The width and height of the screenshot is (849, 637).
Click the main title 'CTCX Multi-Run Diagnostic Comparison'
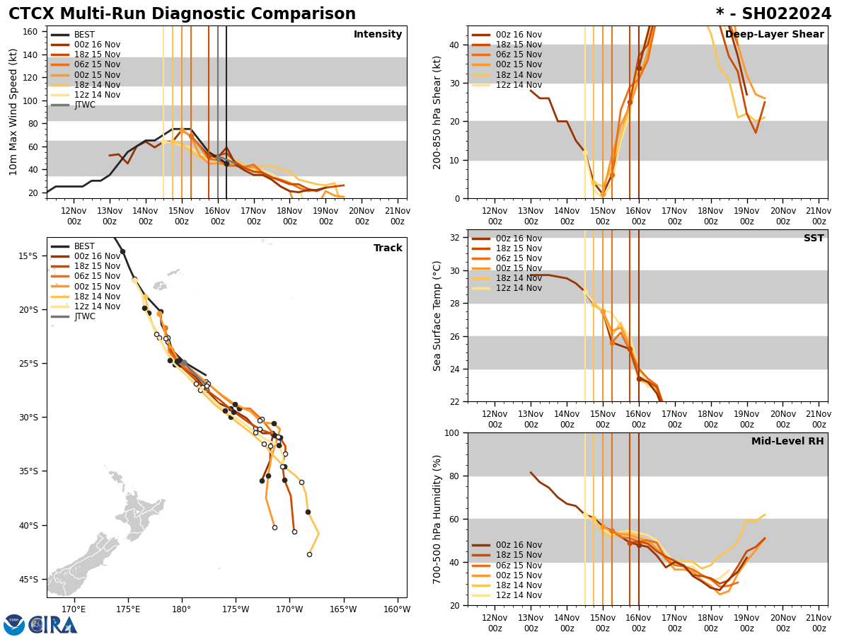182,14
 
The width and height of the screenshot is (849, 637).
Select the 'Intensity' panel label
378,35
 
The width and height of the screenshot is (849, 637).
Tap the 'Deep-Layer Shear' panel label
774,35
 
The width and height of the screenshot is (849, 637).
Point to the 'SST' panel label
814,239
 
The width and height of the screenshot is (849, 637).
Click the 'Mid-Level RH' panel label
787,442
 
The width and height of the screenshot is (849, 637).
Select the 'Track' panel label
388,248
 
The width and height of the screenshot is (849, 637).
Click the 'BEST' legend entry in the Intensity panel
84,35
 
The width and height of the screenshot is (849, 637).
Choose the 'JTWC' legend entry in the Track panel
84,316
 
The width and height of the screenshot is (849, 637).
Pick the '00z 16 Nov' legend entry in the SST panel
519,239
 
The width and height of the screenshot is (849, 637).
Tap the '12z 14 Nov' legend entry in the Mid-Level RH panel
519,595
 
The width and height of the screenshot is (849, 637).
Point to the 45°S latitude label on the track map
28,579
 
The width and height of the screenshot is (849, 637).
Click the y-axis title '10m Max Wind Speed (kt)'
12,112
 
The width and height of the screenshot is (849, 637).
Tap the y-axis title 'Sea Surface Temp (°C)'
438,316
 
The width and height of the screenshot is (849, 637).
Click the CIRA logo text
54,625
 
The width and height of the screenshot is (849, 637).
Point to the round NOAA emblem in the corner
14,625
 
